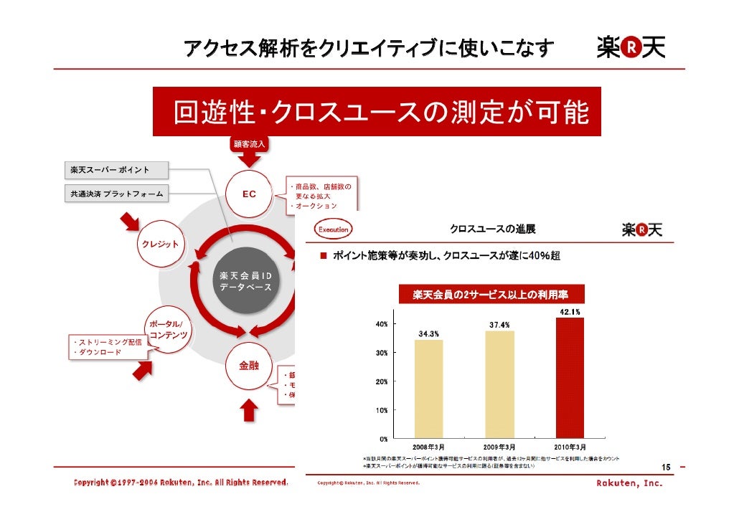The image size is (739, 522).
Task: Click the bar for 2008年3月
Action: [x=428, y=389]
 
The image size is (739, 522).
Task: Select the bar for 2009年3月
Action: [x=499, y=384]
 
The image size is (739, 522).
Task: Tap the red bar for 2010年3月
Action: [x=570, y=377]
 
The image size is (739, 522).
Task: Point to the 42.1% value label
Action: [x=570, y=311]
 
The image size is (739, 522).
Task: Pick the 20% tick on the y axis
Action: [x=382, y=381]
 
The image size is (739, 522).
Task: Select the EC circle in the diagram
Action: [x=249, y=194]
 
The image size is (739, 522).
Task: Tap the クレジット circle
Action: [x=159, y=244]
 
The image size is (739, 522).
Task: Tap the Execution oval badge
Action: [x=332, y=230]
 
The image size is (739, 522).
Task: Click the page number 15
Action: [x=665, y=468]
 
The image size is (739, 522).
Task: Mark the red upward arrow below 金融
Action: [x=249, y=412]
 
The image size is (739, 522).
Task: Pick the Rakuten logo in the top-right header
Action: [x=631, y=48]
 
